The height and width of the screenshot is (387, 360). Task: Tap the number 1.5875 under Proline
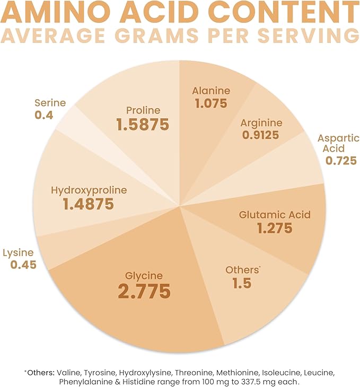coord(143,125)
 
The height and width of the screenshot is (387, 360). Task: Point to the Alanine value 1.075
coord(210,103)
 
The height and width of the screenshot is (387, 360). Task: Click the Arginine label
coord(262,122)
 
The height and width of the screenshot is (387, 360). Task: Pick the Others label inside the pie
coord(242,270)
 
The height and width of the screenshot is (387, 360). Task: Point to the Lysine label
coord(19,252)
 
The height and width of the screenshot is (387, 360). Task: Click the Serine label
coord(51,102)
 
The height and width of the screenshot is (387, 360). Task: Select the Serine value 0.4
coord(43,114)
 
